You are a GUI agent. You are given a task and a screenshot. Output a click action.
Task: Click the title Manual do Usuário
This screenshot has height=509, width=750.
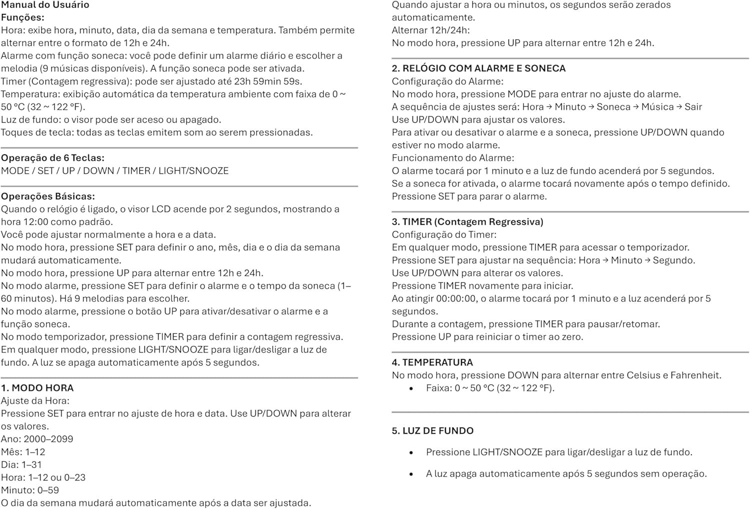pyautogui.click(x=45, y=5)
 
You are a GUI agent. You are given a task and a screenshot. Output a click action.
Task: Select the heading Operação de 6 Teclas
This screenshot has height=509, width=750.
pyautogui.click(x=52, y=158)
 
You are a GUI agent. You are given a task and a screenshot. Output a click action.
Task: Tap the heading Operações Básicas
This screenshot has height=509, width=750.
pyautogui.click(x=48, y=196)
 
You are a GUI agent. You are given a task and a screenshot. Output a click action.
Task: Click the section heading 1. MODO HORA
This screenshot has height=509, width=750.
pyautogui.click(x=37, y=388)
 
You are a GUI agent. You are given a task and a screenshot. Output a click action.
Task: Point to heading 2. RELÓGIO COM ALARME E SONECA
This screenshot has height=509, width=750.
pyautogui.click(x=478, y=68)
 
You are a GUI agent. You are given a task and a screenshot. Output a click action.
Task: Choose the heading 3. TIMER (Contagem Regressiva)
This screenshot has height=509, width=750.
pyautogui.click(x=467, y=222)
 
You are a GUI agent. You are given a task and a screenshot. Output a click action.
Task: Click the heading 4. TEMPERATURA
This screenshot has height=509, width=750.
pyautogui.click(x=432, y=362)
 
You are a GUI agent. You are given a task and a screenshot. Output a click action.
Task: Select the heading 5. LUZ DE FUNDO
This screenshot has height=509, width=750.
pyautogui.click(x=432, y=431)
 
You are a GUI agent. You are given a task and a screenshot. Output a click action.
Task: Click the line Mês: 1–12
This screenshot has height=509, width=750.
pyautogui.click(x=23, y=452)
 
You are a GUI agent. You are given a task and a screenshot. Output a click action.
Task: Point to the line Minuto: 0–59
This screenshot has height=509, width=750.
pyautogui.click(x=30, y=490)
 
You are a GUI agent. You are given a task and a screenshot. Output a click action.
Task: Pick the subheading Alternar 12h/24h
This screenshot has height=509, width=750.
pyautogui.click(x=430, y=30)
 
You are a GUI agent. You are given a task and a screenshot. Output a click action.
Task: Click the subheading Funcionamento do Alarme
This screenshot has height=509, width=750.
pyautogui.click(x=452, y=158)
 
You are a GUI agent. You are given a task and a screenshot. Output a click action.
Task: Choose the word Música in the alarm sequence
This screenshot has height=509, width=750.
pyautogui.click(x=657, y=107)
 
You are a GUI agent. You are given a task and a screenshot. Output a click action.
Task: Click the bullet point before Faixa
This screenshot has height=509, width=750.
pyautogui.click(x=411, y=389)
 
